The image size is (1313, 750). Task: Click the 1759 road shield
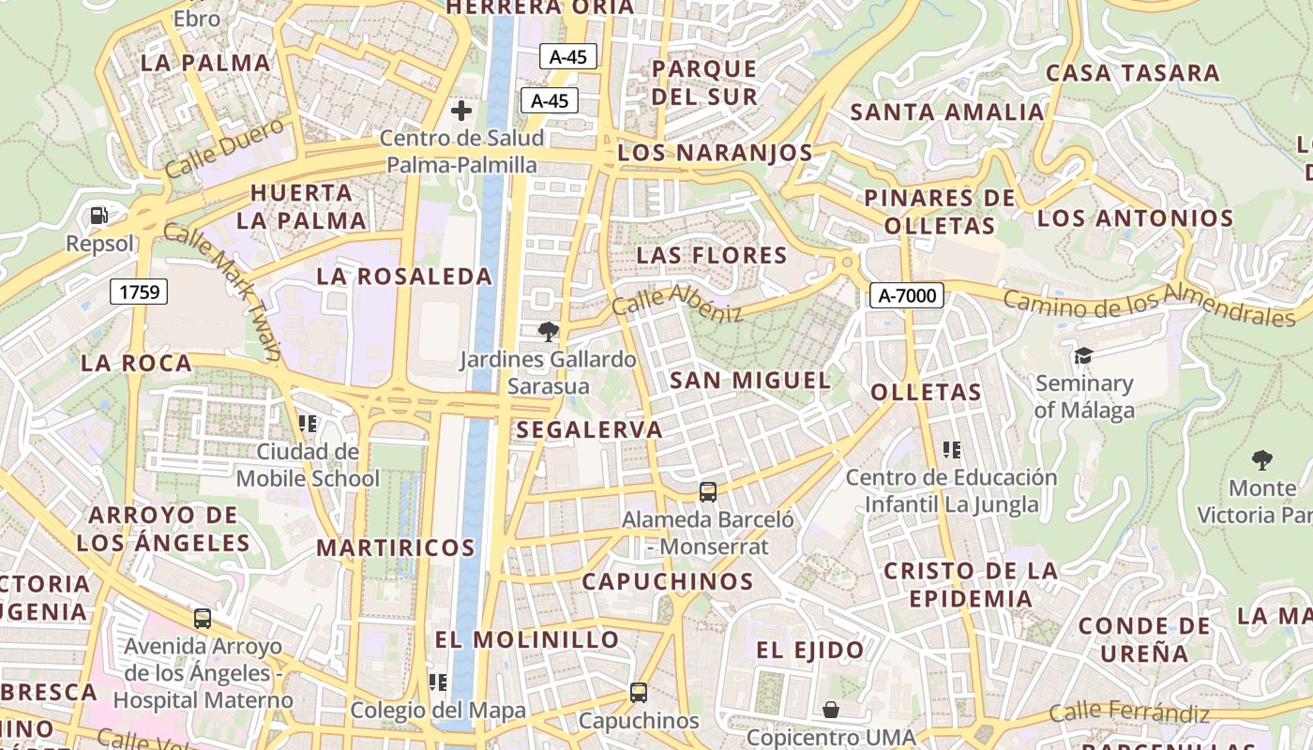click(139, 292)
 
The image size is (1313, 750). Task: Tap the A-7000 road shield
click(907, 296)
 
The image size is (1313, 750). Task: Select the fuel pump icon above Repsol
click(98, 217)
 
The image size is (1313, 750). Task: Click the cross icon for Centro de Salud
click(461, 111)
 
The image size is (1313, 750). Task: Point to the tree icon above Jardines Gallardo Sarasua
click(548, 331)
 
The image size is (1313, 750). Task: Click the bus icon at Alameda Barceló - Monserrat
click(708, 491)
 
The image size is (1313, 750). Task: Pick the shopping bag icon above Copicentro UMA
click(830, 710)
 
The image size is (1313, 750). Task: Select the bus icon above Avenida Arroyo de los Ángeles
click(203, 619)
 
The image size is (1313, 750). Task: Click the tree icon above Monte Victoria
click(1262, 459)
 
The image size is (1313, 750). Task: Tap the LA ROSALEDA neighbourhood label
click(404, 277)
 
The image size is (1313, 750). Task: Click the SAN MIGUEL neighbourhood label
click(750, 380)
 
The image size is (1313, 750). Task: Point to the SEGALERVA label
click(590, 429)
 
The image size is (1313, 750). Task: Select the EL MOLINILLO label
click(527, 640)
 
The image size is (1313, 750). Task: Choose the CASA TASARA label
click(1132, 73)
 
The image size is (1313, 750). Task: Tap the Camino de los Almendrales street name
click(1149, 303)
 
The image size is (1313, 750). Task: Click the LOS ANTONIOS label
click(1135, 218)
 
